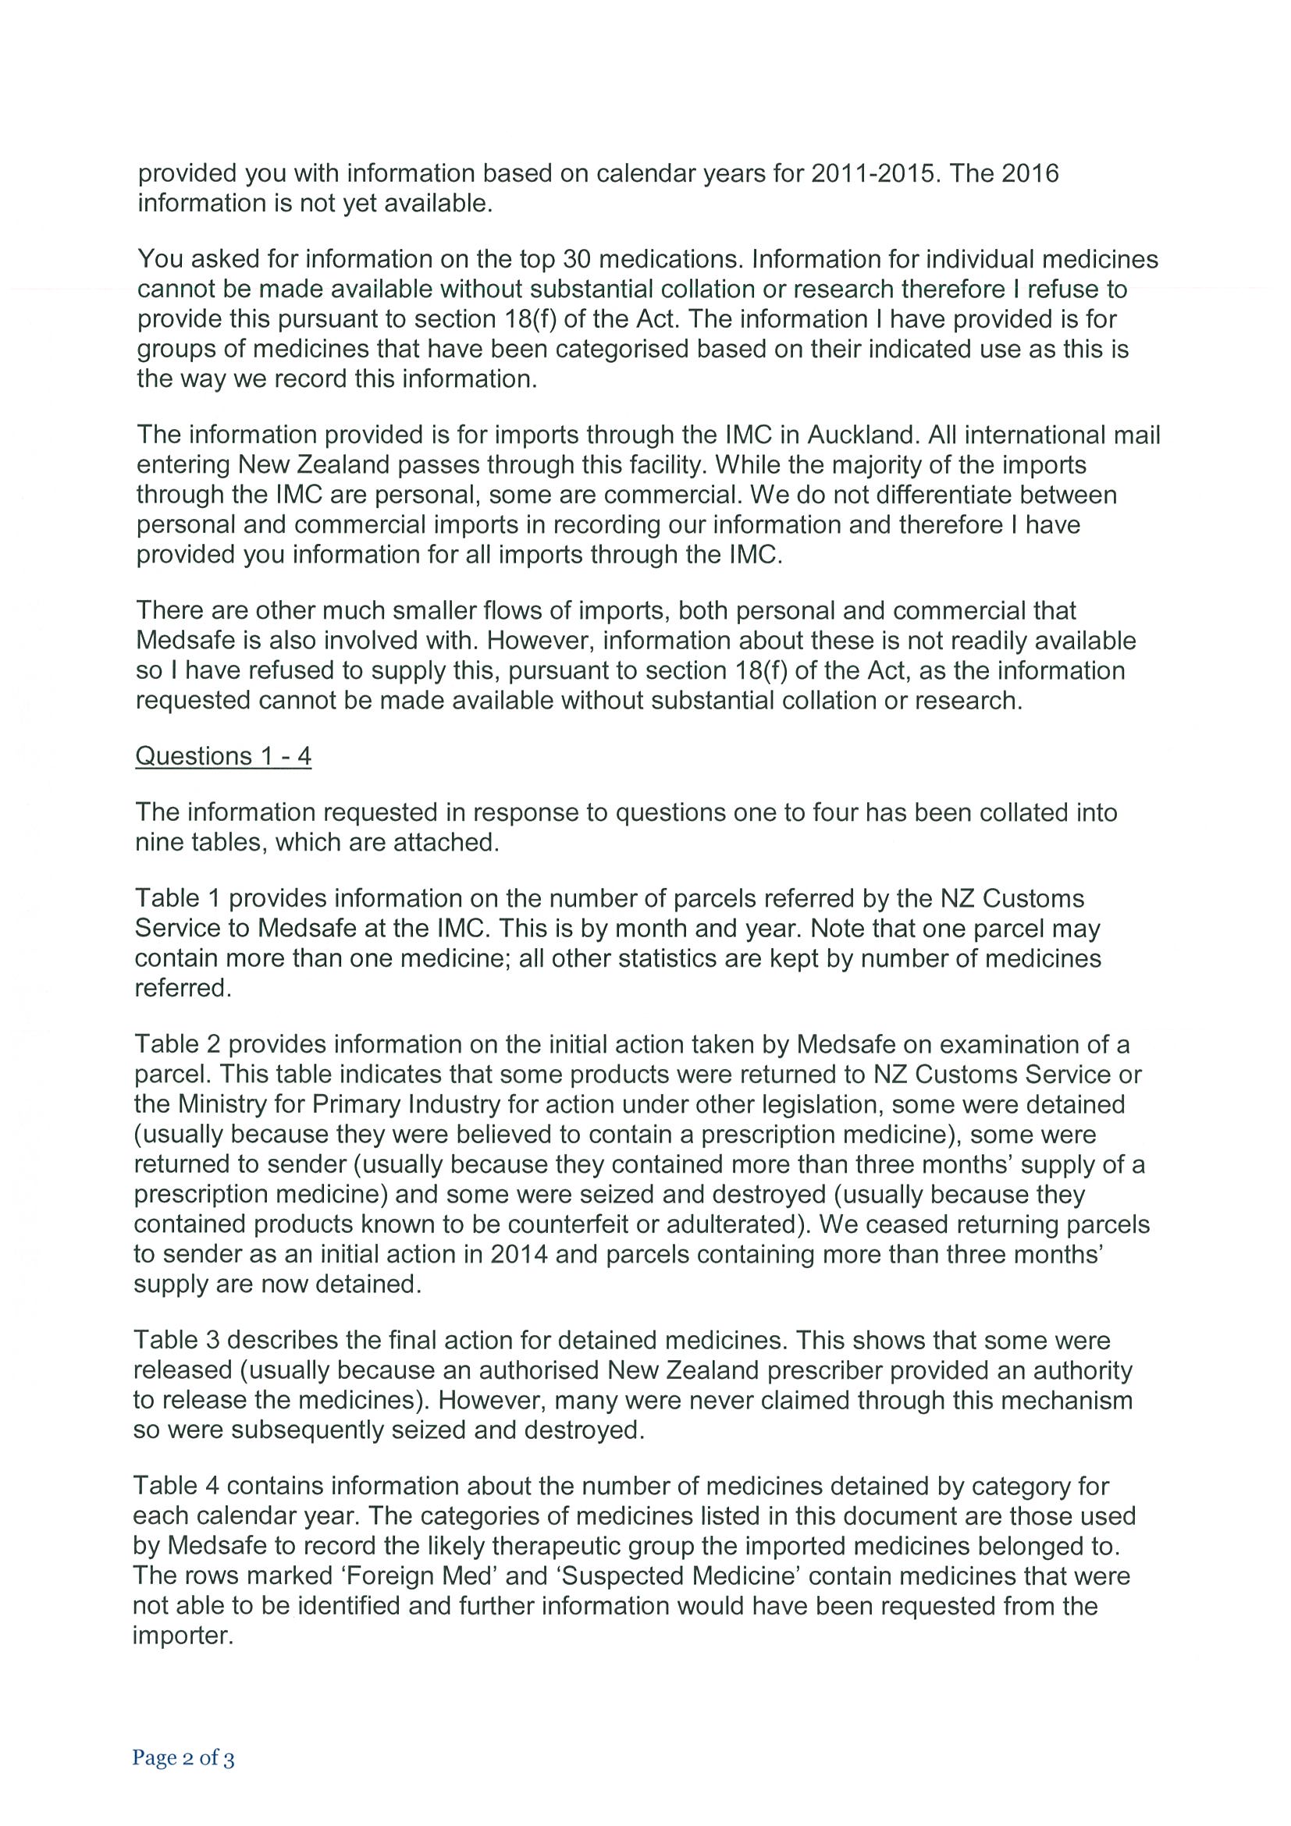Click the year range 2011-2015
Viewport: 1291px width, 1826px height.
pos(871,173)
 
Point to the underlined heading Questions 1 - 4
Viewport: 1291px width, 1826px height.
pos(223,755)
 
